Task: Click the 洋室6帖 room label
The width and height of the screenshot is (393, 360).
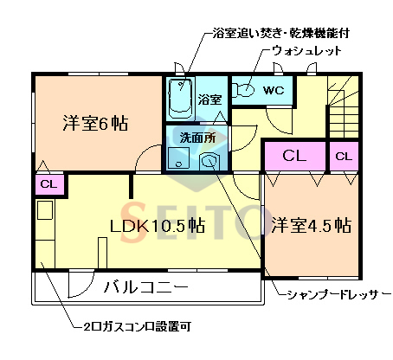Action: click(94, 123)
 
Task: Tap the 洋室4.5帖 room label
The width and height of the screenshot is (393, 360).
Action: click(309, 226)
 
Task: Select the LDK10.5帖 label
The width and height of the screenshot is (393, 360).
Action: click(157, 226)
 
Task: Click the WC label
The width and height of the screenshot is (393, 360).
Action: click(274, 89)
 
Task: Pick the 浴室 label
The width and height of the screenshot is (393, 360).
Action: click(210, 100)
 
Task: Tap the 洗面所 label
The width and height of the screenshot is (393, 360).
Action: click(198, 137)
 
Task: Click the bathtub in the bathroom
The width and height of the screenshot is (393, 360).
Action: click(179, 99)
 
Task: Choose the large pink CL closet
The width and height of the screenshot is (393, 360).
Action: click(294, 156)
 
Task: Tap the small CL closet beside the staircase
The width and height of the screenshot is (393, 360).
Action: click(344, 157)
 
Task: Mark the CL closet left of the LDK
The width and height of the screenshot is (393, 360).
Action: click(48, 183)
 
